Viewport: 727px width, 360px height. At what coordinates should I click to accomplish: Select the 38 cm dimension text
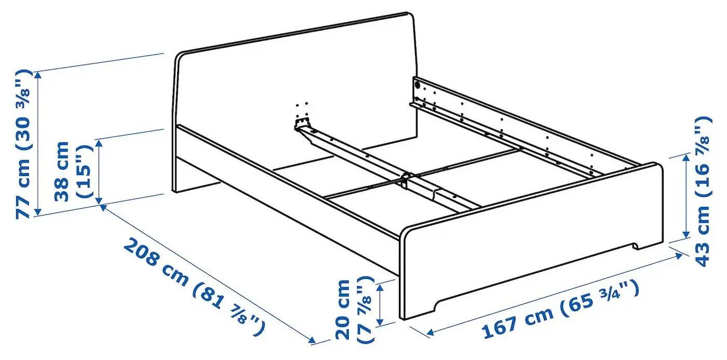click(x=62, y=171)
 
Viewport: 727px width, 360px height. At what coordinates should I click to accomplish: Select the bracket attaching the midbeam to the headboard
click(x=302, y=125)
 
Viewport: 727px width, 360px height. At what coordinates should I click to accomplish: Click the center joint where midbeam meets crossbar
click(x=405, y=179)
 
